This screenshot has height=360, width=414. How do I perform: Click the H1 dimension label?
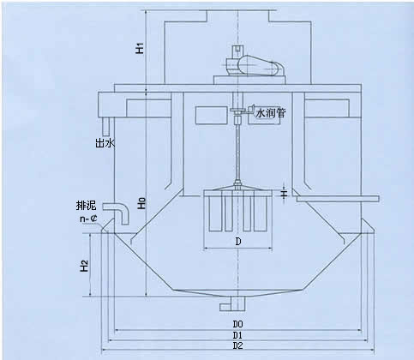click(x=140, y=48)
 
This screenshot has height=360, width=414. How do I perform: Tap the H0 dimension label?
click(x=141, y=203)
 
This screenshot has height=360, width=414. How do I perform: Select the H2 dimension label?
click(x=84, y=266)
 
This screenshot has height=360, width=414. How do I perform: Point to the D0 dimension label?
click(x=237, y=324)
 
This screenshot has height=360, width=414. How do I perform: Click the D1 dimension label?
click(x=237, y=335)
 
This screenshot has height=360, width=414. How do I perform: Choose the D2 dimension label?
click(x=237, y=345)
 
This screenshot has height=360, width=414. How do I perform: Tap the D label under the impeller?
click(x=238, y=242)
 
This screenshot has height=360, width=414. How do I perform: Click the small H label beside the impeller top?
click(x=284, y=195)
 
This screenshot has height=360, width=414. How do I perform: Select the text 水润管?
click(x=270, y=113)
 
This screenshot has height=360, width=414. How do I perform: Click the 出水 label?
click(x=105, y=142)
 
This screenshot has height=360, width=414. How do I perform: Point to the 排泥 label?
click(x=86, y=206)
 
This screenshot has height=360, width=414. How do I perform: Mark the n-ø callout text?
click(x=88, y=219)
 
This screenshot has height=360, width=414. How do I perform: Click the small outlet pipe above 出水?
click(x=106, y=127)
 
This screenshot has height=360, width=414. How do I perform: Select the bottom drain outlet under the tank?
click(x=233, y=304)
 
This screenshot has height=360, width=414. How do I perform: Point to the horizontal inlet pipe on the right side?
click(x=338, y=199)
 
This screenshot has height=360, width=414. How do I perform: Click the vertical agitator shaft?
click(x=237, y=152)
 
